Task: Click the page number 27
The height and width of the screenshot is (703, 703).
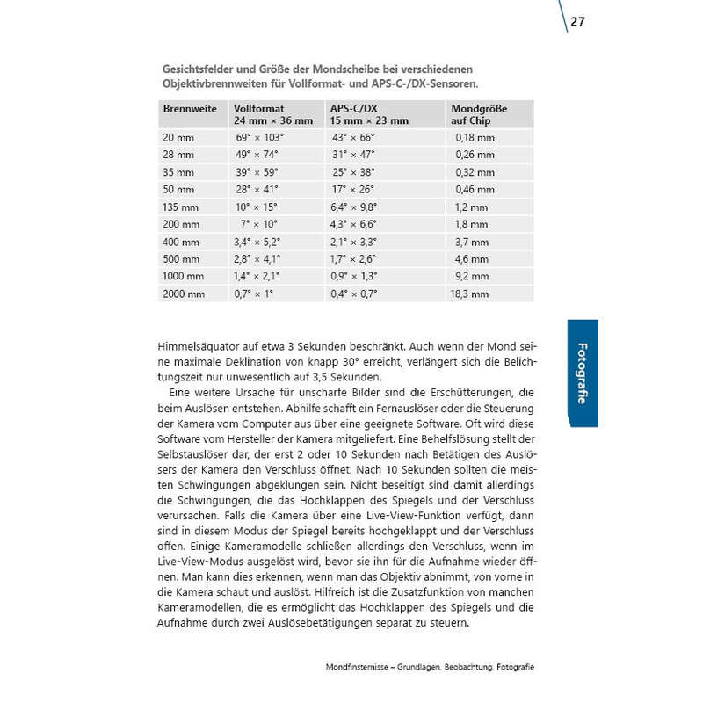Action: click(x=577, y=22)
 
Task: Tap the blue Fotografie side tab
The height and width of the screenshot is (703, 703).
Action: click(x=582, y=373)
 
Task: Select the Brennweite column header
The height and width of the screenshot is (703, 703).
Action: click(x=189, y=108)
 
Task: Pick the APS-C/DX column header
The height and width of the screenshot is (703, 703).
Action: click(x=359, y=108)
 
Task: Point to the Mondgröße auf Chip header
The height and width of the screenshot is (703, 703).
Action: click(x=478, y=114)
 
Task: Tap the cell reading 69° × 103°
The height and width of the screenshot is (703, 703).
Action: click(x=260, y=138)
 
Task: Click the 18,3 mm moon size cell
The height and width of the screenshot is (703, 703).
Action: click(x=471, y=294)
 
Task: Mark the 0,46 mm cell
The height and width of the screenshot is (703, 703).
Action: click(x=475, y=189)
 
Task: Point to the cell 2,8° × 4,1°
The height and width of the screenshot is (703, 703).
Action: click(x=257, y=259)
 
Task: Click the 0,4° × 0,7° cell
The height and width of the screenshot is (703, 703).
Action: click(x=355, y=294)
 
